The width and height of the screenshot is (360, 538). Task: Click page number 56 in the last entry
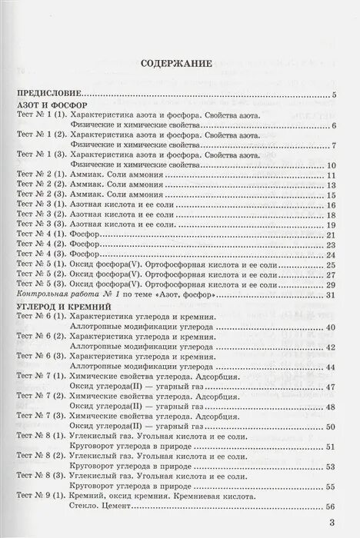coord(332,507)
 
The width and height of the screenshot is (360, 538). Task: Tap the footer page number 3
coord(332,524)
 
